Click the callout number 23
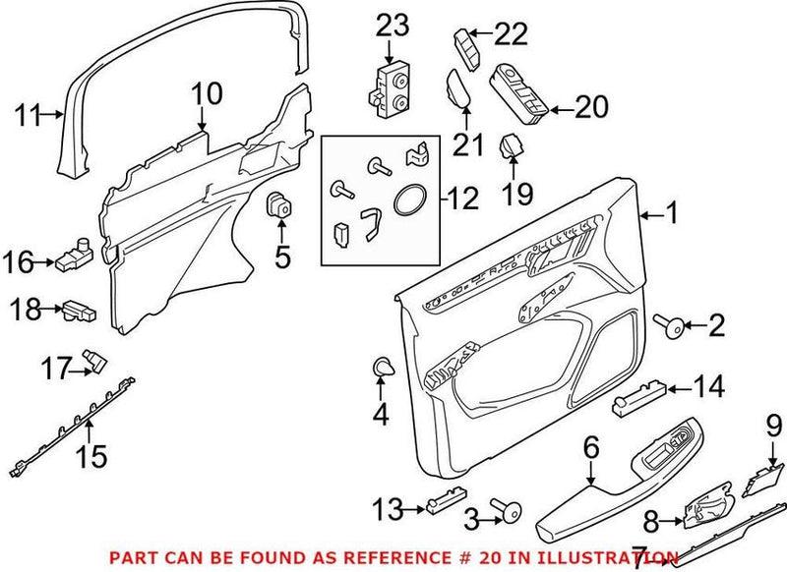[x=393, y=27]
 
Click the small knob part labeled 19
[x=511, y=148]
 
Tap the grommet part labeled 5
[x=281, y=208]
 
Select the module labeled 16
[x=75, y=258]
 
